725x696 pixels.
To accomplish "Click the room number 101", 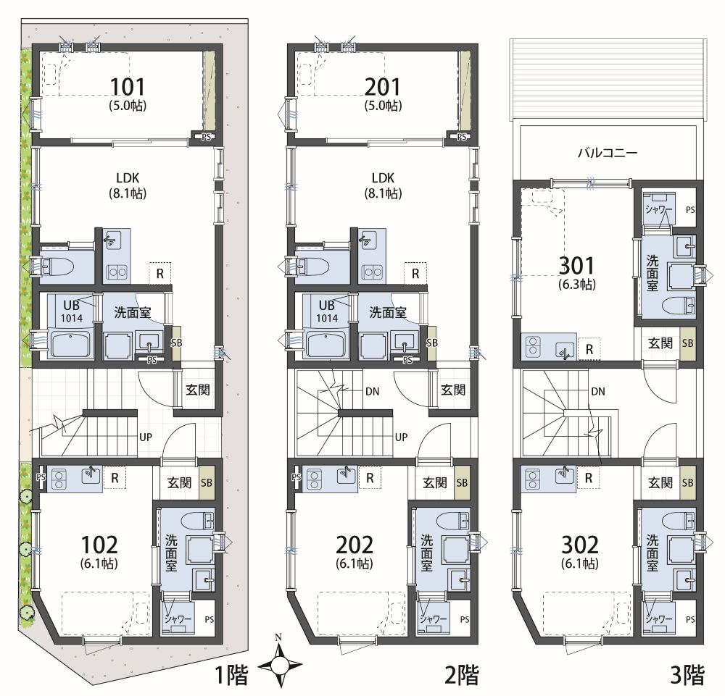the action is click(x=128, y=87).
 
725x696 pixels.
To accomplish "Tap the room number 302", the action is click(x=580, y=545).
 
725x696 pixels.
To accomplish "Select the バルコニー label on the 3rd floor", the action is click(x=608, y=153).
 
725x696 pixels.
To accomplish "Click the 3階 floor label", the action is click(x=687, y=675).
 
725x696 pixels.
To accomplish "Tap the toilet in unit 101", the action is click(x=57, y=267).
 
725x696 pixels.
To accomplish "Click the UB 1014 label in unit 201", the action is click(x=327, y=311).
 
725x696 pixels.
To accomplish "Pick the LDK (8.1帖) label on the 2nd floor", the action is click(x=383, y=185).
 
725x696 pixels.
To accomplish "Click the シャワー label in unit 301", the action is click(x=658, y=209).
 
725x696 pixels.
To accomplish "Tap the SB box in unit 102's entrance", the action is click(x=207, y=482).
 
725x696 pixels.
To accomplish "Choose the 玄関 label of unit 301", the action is click(x=660, y=343).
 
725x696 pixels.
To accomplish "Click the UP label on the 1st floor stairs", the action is click(x=146, y=437).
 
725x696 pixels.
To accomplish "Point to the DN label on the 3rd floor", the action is click(x=598, y=392).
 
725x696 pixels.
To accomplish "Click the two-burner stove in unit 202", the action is click(x=315, y=479).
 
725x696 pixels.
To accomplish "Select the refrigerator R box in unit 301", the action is click(x=589, y=349).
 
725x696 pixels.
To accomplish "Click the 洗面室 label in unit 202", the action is click(x=426, y=553).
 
